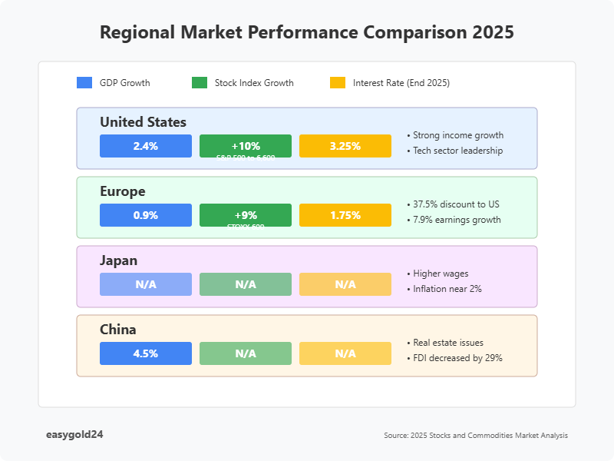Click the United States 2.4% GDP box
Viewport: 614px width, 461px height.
tap(146, 146)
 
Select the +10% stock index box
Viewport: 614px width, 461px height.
tap(246, 146)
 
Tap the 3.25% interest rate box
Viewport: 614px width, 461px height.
tap(345, 146)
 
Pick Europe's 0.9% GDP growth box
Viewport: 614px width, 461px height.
tap(146, 215)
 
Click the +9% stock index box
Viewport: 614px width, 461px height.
tap(246, 215)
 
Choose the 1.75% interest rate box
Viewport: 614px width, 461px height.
tap(345, 215)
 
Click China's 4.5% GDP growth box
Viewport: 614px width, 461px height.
tap(146, 353)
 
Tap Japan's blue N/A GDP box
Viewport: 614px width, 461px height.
tap(146, 284)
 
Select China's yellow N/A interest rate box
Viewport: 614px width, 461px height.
tap(345, 353)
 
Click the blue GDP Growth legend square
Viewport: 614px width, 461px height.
tap(84, 83)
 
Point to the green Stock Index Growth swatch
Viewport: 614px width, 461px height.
tap(200, 83)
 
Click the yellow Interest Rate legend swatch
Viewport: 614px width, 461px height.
tap(338, 83)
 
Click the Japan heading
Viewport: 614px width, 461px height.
tap(118, 260)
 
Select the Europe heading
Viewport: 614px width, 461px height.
tap(122, 191)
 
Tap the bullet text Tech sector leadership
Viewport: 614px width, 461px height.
tap(457, 151)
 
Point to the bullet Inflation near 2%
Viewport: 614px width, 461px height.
tap(447, 289)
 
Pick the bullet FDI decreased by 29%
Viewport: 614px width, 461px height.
tap(457, 358)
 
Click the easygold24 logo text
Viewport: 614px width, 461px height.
tap(74, 434)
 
